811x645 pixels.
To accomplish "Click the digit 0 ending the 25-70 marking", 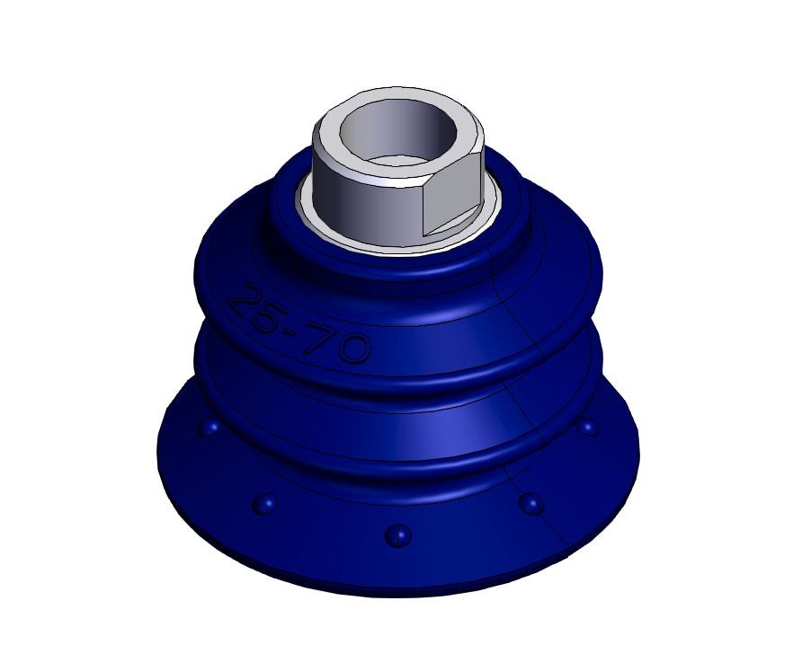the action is point(354,348).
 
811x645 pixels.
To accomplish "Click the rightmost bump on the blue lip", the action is point(587,427).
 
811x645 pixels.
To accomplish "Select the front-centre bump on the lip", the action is point(398,535).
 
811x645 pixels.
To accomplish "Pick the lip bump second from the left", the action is point(265,503).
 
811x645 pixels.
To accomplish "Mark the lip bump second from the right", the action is point(531,503).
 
